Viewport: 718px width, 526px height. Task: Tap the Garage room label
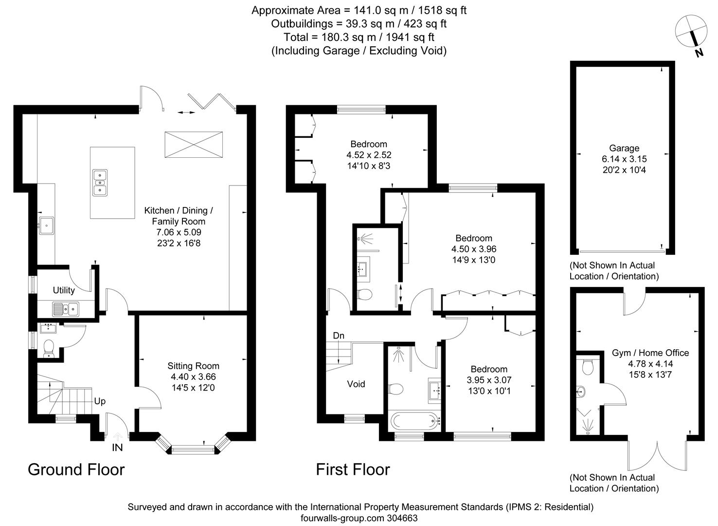(x=624, y=148)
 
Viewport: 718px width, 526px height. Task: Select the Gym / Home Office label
(x=650, y=353)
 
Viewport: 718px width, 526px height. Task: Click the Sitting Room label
(x=193, y=366)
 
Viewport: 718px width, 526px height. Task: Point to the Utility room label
(x=64, y=290)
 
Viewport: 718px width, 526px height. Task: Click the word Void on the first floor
(x=356, y=384)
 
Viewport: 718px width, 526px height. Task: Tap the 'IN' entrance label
(x=117, y=447)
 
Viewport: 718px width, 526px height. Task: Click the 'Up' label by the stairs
(x=100, y=401)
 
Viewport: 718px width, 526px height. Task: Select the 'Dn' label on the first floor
(x=339, y=336)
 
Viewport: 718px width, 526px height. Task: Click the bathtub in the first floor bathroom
(x=415, y=420)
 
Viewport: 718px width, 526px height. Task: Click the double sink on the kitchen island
(x=100, y=182)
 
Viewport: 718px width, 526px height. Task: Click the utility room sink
(x=66, y=308)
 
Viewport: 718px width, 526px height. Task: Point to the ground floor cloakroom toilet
(x=49, y=348)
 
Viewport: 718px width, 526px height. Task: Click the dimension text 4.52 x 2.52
(x=369, y=155)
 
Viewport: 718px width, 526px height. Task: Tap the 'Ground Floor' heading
(x=76, y=470)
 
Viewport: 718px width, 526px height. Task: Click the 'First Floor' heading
(x=353, y=470)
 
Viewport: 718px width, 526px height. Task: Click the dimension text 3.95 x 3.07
(x=489, y=380)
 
